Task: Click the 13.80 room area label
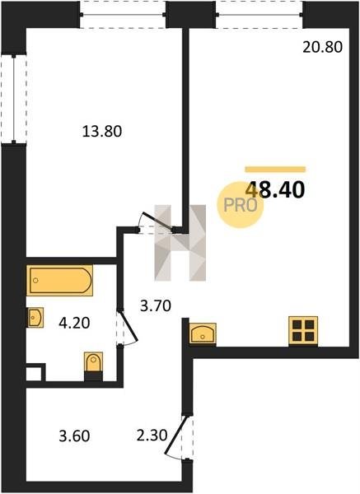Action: click(102, 131)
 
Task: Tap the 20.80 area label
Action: click(322, 47)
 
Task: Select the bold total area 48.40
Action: click(275, 190)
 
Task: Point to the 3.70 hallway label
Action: click(156, 305)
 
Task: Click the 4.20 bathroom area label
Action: click(74, 323)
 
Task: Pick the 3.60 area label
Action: click(74, 436)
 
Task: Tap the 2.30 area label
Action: click(152, 436)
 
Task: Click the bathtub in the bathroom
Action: click(59, 281)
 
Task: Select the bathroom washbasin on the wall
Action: click(35, 318)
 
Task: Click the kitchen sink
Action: click(203, 333)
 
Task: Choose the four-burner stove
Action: click(303, 331)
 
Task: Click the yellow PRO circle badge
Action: click(241, 205)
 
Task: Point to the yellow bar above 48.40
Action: click(275, 169)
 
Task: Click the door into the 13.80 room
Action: click(157, 223)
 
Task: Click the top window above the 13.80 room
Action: click(123, 15)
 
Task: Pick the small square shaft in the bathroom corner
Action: click(34, 374)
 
